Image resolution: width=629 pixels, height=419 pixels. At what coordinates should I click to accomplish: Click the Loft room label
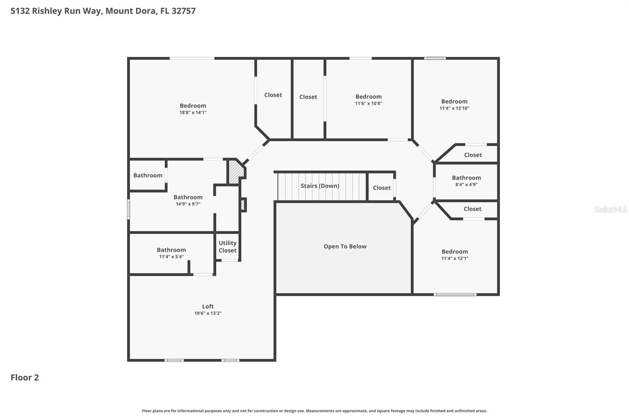[208, 306]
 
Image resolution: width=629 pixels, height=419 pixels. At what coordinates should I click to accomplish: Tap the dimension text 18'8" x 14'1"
[193, 112]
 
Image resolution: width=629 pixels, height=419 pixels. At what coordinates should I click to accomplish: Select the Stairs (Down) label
[320, 186]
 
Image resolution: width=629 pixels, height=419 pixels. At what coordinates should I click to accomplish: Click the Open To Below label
[345, 246]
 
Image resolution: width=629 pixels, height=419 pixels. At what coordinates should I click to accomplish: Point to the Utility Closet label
[228, 246]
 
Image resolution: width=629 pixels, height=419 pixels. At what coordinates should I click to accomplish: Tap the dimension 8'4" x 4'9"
[466, 184]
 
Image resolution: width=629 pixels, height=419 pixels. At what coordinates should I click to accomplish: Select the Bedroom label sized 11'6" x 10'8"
[368, 97]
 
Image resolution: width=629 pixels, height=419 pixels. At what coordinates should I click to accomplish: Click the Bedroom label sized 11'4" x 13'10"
[454, 101]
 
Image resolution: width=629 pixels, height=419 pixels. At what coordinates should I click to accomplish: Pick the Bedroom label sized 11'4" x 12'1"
[454, 252]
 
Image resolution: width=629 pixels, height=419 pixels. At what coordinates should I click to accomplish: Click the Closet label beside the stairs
[381, 188]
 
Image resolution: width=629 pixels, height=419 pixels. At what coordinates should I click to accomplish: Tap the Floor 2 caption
[25, 377]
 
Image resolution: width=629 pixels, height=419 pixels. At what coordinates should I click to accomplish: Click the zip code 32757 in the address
[183, 11]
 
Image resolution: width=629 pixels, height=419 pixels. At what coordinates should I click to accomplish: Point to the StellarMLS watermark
[610, 209]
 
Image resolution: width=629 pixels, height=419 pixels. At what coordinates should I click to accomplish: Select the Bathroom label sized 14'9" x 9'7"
[188, 197]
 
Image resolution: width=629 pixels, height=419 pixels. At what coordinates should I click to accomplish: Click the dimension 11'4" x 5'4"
[171, 257]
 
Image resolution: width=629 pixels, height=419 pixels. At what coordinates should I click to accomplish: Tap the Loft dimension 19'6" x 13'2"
[208, 313]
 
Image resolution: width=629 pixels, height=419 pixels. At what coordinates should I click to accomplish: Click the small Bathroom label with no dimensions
[147, 175]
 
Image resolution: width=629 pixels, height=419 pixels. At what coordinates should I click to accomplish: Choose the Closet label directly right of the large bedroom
[273, 95]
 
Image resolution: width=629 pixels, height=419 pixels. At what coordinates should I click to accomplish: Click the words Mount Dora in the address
[131, 11]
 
